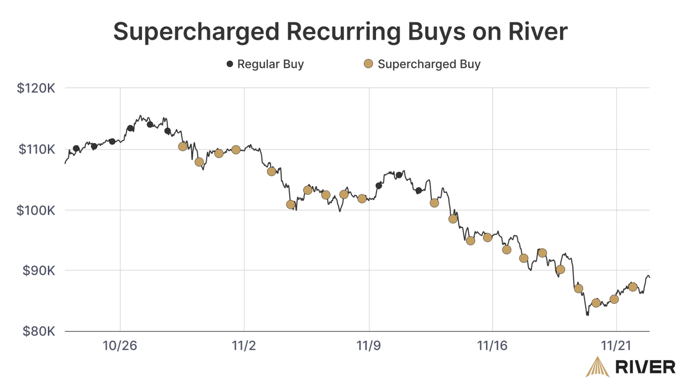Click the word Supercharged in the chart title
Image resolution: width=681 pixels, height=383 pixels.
(x=196, y=32)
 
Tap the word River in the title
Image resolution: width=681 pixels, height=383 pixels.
(x=537, y=32)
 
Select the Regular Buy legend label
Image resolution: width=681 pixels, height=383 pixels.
(x=270, y=64)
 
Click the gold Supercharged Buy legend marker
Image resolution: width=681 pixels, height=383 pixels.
(x=368, y=64)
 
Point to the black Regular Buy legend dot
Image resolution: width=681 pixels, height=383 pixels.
(x=230, y=64)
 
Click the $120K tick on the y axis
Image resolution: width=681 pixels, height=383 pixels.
(x=36, y=88)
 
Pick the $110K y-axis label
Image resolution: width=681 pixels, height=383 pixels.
(x=37, y=149)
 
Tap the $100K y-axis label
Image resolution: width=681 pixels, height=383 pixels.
(x=36, y=210)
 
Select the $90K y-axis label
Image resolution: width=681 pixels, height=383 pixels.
(x=39, y=270)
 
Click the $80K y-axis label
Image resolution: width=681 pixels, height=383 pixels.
(x=39, y=331)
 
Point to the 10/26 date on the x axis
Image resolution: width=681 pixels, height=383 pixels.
(x=120, y=346)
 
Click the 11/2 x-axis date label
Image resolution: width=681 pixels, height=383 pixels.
(x=244, y=346)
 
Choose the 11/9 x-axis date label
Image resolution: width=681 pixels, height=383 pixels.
(x=368, y=346)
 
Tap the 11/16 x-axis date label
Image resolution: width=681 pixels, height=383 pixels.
(x=492, y=346)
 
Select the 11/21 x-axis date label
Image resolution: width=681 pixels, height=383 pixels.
(x=616, y=346)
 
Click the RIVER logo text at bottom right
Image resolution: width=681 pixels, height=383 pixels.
(x=645, y=367)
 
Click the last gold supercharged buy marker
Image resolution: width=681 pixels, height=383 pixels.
(x=633, y=287)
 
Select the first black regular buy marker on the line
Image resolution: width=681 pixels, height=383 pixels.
(x=76, y=149)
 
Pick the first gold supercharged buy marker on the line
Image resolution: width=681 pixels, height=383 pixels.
(x=183, y=146)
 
